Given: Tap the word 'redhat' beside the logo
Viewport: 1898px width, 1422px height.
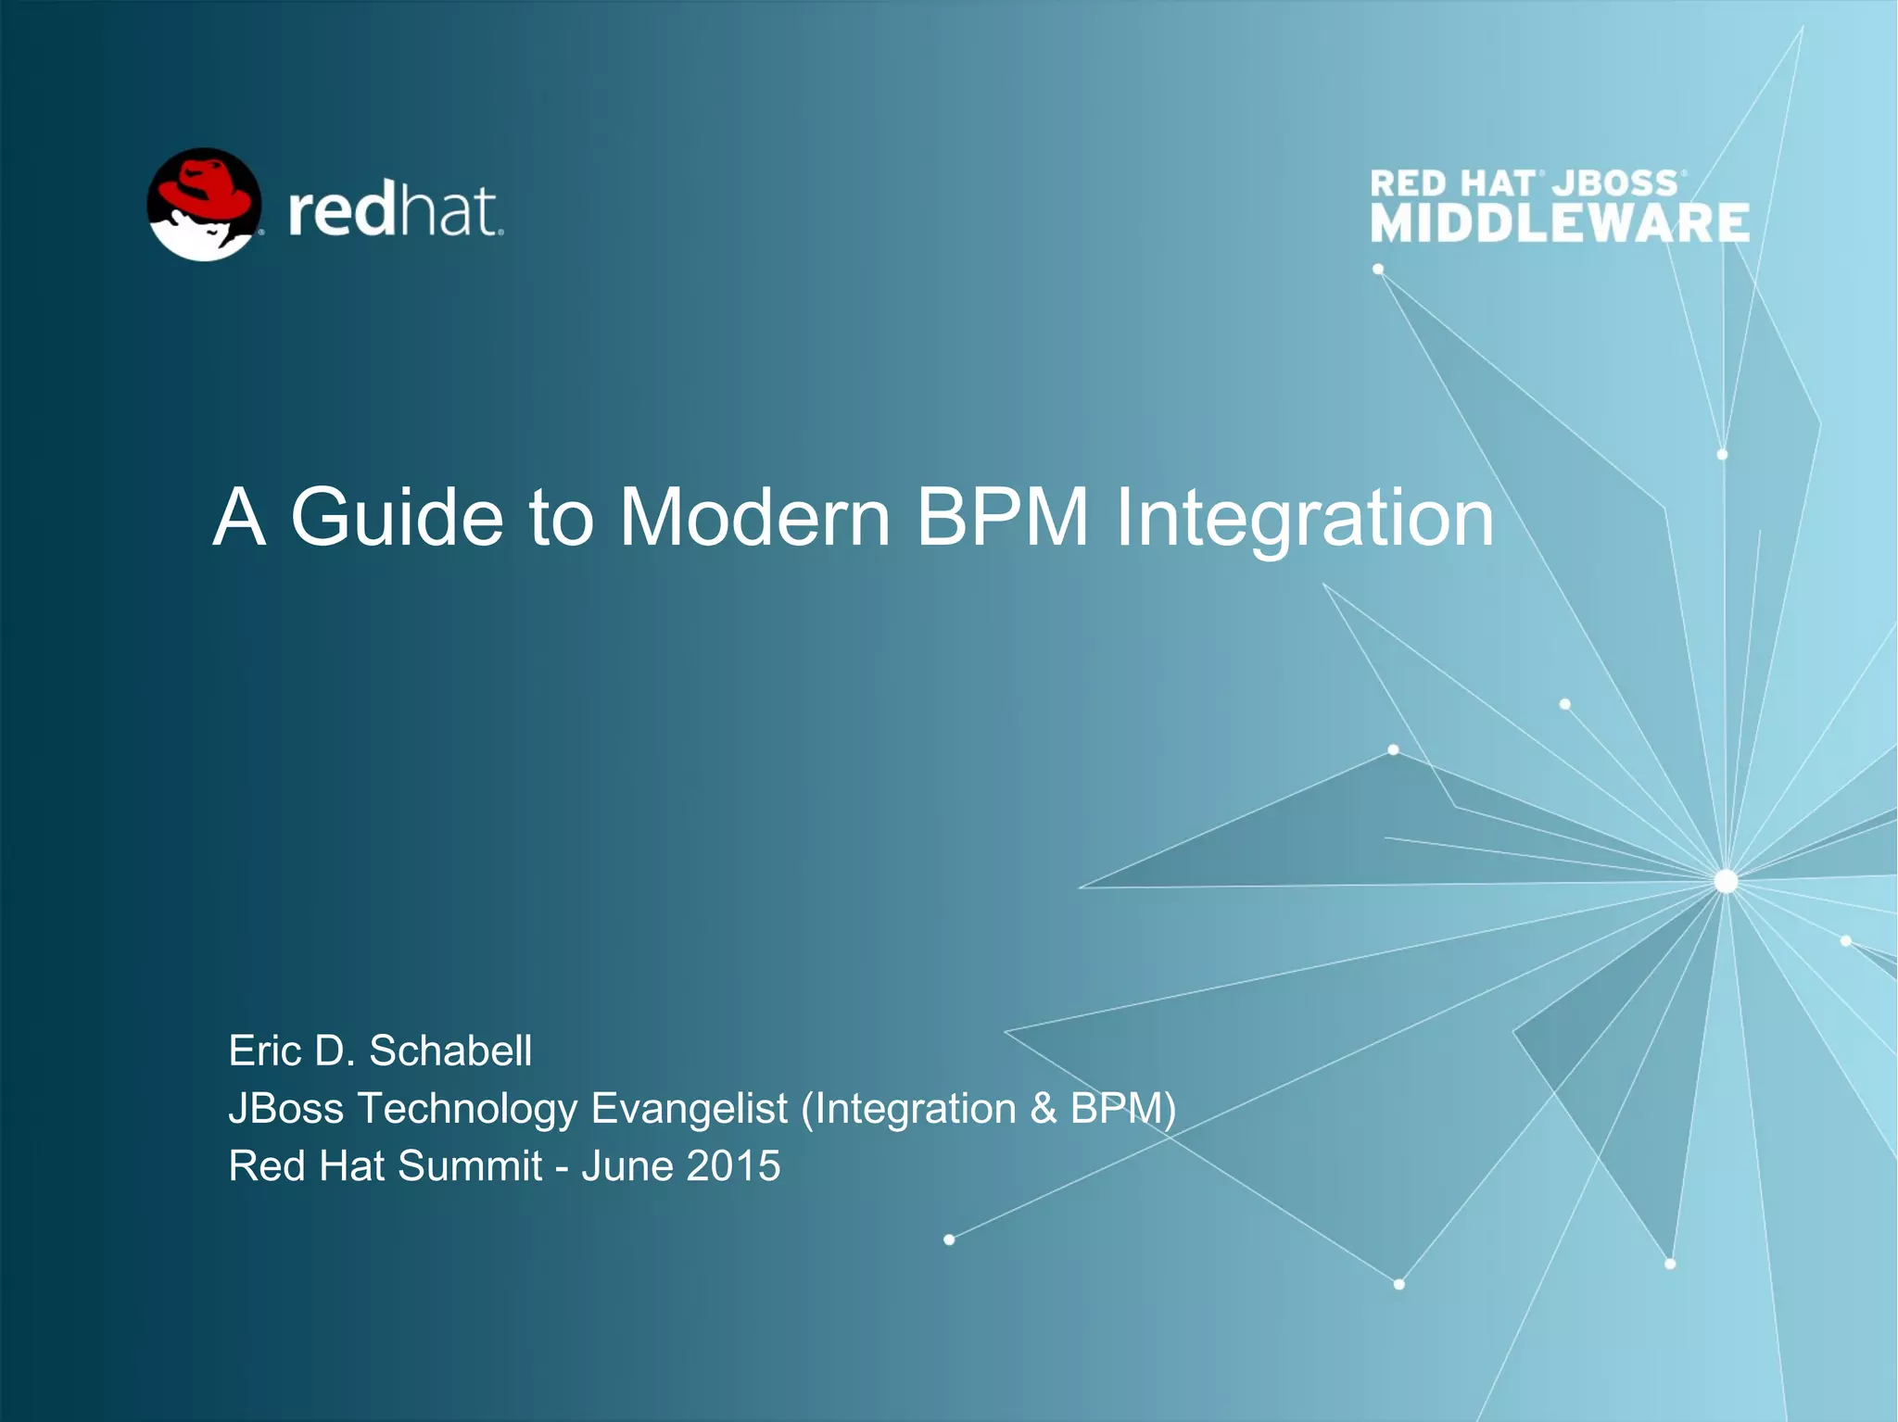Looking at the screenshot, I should pyautogui.click(x=395, y=211).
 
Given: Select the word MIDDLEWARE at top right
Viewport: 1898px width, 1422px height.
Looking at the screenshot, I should pyautogui.click(x=1560, y=224).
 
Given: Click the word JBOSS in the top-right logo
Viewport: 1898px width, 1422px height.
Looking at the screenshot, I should pyautogui.click(x=1615, y=182).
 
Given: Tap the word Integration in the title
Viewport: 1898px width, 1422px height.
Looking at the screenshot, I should pyautogui.click(x=1304, y=519).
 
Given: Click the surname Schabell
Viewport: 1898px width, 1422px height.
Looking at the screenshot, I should pyautogui.click(x=450, y=1051).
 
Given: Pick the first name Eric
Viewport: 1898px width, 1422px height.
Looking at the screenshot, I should pyautogui.click(x=265, y=1051).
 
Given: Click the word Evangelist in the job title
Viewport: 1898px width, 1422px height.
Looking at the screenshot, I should pyautogui.click(x=690, y=1109).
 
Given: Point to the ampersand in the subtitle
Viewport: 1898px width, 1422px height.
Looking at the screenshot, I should pyautogui.click(x=1044, y=1109).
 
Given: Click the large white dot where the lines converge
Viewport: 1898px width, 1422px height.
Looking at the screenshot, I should pyautogui.click(x=1726, y=881).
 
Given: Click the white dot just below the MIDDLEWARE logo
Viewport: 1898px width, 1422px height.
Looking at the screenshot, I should pyautogui.click(x=1378, y=270).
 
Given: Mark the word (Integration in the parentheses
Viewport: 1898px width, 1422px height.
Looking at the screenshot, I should pyautogui.click(x=908, y=1109).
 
